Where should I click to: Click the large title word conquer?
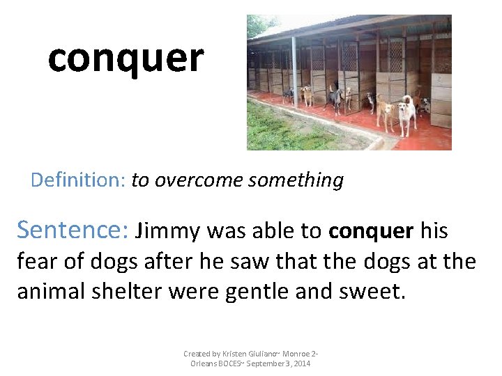(x=125, y=58)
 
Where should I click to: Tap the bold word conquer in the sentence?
(x=371, y=230)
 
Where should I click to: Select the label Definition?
(x=77, y=180)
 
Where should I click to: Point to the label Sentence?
(x=72, y=229)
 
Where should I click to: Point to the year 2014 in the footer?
(x=302, y=363)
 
